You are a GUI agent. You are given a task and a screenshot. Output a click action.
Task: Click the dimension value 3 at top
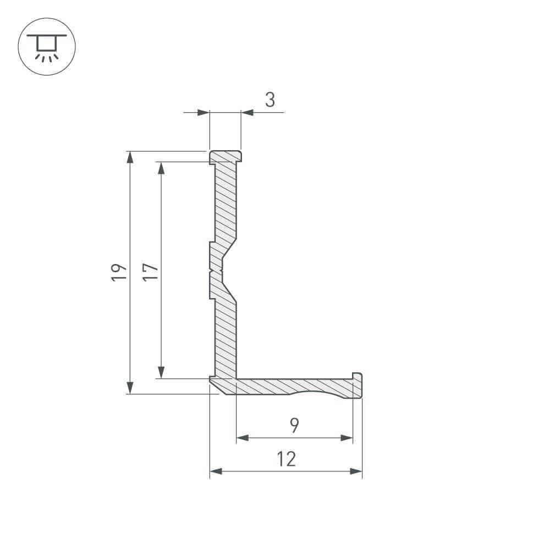(x=269, y=100)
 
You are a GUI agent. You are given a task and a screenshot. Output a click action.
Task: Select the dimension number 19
(x=119, y=272)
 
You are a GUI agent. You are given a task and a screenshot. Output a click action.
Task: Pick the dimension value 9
(x=295, y=425)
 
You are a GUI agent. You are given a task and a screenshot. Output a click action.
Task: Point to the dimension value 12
(x=287, y=459)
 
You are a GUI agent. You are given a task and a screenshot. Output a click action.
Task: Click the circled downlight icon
(x=47, y=47)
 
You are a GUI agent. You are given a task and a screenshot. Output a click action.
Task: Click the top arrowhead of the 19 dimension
(x=130, y=157)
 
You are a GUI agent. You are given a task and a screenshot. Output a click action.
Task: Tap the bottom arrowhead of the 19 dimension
(x=130, y=387)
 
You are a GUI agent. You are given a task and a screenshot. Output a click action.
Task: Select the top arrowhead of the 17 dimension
(x=161, y=168)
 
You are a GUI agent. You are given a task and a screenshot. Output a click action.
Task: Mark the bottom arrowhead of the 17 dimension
(x=161, y=372)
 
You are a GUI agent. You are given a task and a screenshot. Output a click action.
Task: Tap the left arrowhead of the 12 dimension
(x=216, y=471)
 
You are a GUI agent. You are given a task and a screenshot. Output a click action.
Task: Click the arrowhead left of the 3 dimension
(x=204, y=113)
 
